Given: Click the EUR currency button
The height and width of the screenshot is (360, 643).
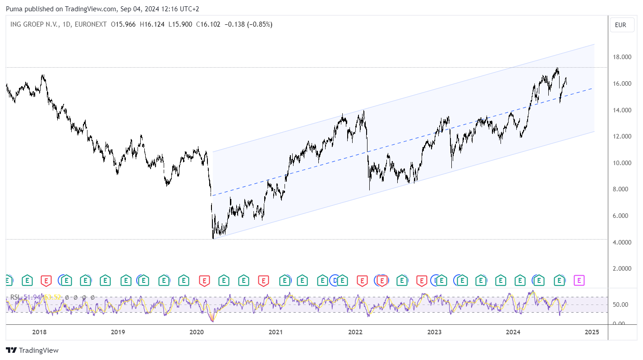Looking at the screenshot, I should pos(620,25).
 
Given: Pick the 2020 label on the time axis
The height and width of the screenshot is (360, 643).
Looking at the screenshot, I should pos(197,332).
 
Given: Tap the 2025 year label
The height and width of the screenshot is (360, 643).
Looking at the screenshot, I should pos(591,332).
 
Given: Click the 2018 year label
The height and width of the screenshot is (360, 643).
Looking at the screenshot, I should pos(39,332).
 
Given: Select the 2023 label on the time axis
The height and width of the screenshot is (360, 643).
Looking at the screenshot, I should pos(434,332).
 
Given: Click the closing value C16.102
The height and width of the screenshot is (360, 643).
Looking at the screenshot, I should pos(208,24).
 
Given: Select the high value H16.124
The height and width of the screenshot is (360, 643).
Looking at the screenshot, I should pos(152,24).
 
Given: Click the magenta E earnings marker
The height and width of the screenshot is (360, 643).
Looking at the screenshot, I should pos(579,281).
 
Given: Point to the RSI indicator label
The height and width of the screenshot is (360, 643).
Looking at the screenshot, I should pos(15,297).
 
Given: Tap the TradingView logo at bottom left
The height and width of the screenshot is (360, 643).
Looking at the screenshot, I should pos(32,350).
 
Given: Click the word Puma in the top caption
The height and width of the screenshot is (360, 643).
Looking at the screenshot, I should pos(14,9).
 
